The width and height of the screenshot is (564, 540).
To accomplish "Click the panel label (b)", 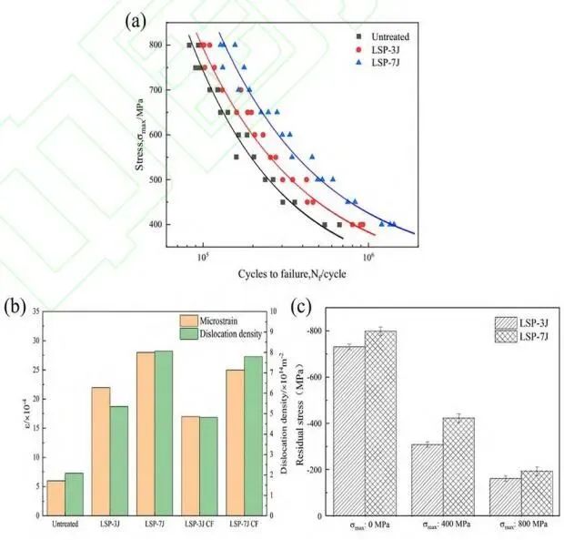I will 13,303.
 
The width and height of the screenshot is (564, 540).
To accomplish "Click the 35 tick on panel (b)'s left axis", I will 35,312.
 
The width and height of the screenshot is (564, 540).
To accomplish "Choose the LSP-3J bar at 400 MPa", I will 427,481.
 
